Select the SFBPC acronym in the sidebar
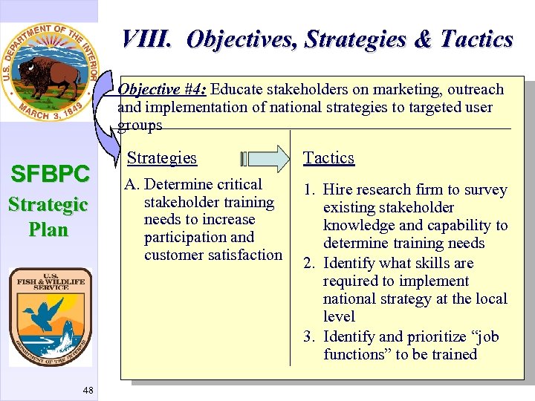[49, 175]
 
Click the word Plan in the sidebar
[48, 229]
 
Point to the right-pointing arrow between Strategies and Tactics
[267, 158]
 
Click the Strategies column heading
[162, 157]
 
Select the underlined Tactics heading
[328, 157]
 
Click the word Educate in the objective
[238, 90]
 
